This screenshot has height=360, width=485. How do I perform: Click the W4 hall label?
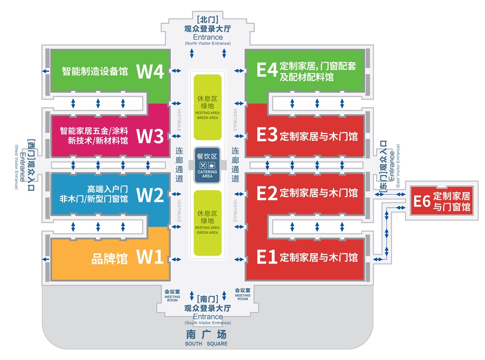pyautogui.click(x=151, y=71)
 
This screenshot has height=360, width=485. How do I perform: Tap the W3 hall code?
pyautogui.click(x=150, y=136)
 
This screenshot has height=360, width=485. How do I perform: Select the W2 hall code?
pyautogui.click(x=150, y=195)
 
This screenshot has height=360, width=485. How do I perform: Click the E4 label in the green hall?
pyautogui.click(x=267, y=70)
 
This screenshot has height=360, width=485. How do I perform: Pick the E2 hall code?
pyautogui.click(x=266, y=193)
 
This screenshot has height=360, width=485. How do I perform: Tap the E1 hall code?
pyautogui.click(x=266, y=257)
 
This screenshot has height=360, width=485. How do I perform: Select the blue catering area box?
pyautogui.click(x=208, y=165)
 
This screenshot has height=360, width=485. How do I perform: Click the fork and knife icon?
pyautogui.click(x=203, y=165)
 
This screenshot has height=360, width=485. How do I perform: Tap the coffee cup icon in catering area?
pyautogui.click(x=212, y=165)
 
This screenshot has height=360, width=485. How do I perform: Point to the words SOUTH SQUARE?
pyautogui.click(x=206, y=344)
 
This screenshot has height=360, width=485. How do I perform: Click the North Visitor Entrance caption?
pyautogui.click(x=208, y=44)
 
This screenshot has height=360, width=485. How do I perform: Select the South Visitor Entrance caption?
pyautogui.click(x=208, y=323)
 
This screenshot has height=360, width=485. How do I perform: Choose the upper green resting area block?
pyautogui.click(x=207, y=106)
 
